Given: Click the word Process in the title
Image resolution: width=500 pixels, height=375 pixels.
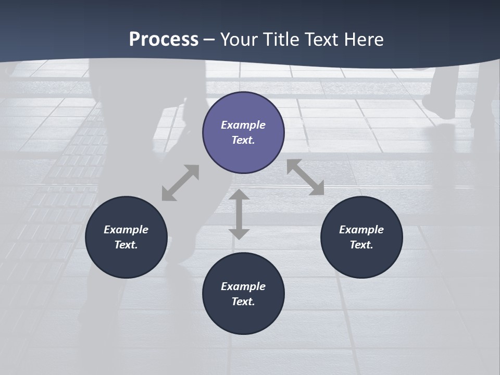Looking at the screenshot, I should (164, 40).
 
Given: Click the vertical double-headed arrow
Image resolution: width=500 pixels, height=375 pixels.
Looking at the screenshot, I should (239, 214).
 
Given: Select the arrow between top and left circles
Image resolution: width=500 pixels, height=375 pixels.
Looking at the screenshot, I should (180, 183).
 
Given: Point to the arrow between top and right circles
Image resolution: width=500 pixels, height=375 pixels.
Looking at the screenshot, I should (305, 177).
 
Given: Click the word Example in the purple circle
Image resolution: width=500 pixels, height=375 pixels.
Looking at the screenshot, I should (243, 125).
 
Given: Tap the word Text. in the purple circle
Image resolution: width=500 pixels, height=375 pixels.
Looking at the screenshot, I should (243, 140).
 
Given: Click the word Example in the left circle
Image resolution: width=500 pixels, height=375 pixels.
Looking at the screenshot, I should (126, 230).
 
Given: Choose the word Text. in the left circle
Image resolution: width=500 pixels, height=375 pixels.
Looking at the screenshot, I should (126, 245).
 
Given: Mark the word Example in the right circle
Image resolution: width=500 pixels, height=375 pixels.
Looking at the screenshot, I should (361, 230).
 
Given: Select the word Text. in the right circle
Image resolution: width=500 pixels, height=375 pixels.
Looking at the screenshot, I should (361, 245).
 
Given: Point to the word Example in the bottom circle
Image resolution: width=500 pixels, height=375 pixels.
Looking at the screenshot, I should (243, 286).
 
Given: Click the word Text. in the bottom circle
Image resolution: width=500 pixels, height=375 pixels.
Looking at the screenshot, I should (243, 302).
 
